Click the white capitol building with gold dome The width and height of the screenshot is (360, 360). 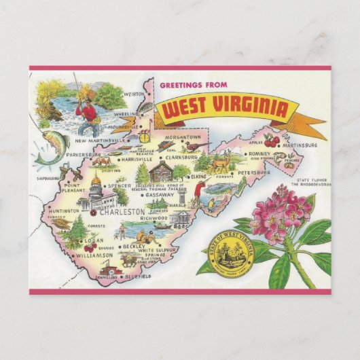coord(94,197)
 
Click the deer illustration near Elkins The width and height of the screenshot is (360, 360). coord(219,164)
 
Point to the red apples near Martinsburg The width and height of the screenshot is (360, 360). coord(272,141)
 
